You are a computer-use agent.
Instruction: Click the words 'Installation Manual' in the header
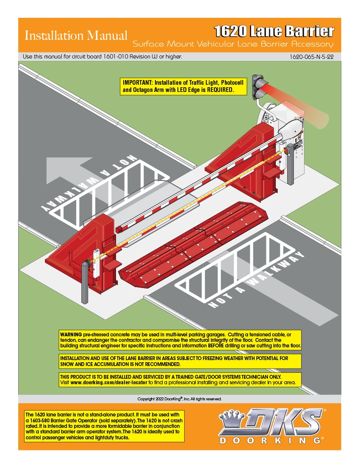pyautogui.click(x=76, y=36)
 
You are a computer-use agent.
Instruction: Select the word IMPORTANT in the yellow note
pyautogui.click(x=136, y=82)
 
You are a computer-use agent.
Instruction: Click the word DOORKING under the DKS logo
pyautogui.click(x=270, y=441)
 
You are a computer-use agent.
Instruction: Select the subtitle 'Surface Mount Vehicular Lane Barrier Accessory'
pyautogui.click(x=233, y=44)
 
